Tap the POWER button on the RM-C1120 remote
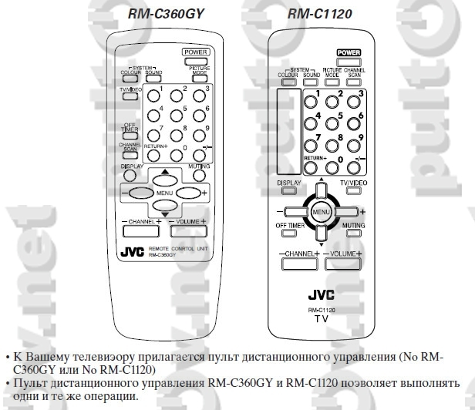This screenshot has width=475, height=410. coord(349,52)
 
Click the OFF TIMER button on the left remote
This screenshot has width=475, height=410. coord(129,128)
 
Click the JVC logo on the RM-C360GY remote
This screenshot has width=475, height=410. coord(132,251)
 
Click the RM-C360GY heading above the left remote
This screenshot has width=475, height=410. coord(157,14)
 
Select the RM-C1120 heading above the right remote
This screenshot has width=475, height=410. coord(319,14)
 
